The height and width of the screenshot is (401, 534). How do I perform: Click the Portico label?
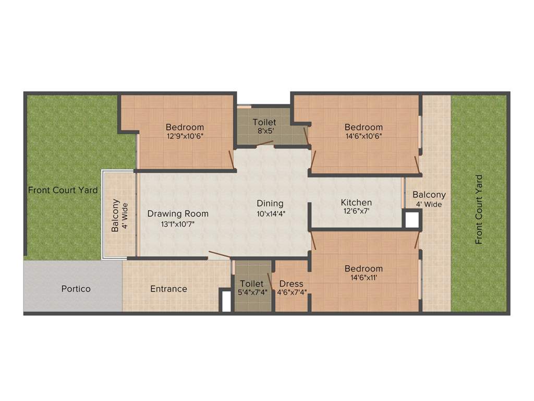pos(76,289)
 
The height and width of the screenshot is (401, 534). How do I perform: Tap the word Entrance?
pos(168,289)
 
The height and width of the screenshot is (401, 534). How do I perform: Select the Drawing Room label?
pos(178,214)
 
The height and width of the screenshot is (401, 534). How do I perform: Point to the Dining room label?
pos(270,203)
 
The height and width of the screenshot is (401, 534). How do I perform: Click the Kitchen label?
pos(357,203)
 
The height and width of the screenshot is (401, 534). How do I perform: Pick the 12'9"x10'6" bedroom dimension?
pos(185,137)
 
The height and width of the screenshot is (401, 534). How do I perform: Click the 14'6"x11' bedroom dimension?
pos(363,278)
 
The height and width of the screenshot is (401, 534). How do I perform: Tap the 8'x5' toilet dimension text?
pos(264,132)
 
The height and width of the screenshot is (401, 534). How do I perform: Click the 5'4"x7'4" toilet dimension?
pos(252,292)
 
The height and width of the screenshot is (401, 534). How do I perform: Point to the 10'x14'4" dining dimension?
pos(271,214)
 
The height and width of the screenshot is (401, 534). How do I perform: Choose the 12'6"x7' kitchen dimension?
pos(357,212)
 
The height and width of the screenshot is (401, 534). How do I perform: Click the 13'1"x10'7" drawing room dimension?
pos(178,224)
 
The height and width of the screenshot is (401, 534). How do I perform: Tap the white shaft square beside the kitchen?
pos(412,219)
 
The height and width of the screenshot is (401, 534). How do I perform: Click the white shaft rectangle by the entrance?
pos(226,301)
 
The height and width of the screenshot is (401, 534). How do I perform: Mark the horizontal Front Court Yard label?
pos(63,190)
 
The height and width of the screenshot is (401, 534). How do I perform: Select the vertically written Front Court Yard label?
pos(479,209)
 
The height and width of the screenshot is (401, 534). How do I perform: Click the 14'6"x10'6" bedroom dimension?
pos(363,137)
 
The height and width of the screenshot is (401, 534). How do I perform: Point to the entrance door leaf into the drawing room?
pos(219,255)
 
